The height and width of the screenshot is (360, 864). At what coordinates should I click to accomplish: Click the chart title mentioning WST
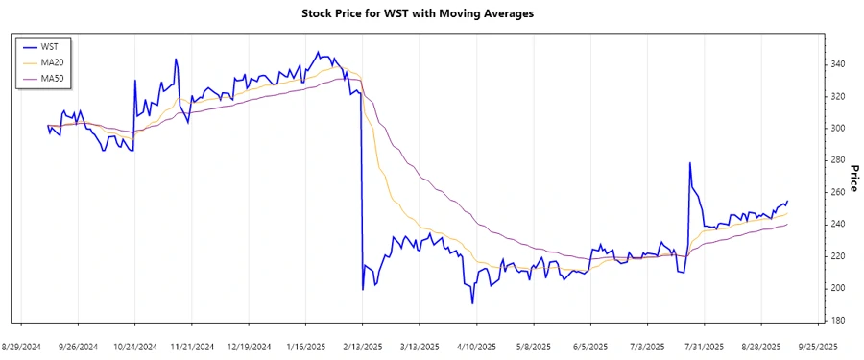(431, 13)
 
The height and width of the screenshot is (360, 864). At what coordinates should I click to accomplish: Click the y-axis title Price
(852, 177)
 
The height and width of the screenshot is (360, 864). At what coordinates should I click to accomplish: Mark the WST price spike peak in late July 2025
(690, 163)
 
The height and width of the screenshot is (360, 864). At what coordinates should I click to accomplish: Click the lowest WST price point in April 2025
(472, 303)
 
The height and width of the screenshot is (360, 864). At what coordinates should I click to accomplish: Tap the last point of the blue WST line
(788, 201)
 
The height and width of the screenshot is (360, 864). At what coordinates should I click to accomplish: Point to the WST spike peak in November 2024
(176, 60)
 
